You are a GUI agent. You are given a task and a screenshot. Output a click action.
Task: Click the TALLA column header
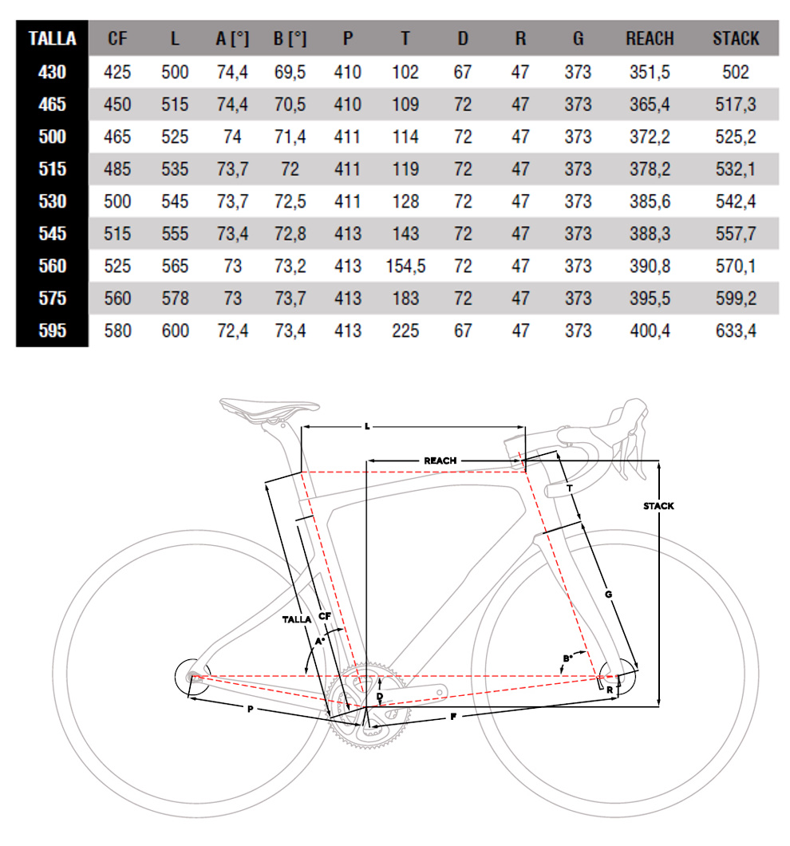click(x=53, y=39)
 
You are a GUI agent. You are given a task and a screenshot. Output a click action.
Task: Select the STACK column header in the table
click(x=736, y=39)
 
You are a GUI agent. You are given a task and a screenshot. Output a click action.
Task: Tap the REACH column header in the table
click(x=650, y=39)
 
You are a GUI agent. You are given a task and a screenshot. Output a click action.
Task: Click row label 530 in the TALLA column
click(x=53, y=201)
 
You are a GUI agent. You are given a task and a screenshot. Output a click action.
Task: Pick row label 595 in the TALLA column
click(x=53, y=330)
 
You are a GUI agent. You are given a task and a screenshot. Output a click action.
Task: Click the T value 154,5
click(x=405, y=266)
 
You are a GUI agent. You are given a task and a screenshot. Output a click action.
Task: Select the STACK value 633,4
click(x=736, y=330)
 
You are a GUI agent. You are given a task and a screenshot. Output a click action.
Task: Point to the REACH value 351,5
click(x=650, y=73)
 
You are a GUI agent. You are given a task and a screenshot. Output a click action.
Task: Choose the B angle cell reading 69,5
click(x=290, y=73)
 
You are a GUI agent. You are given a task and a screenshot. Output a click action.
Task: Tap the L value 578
click(x=175, y=298)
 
